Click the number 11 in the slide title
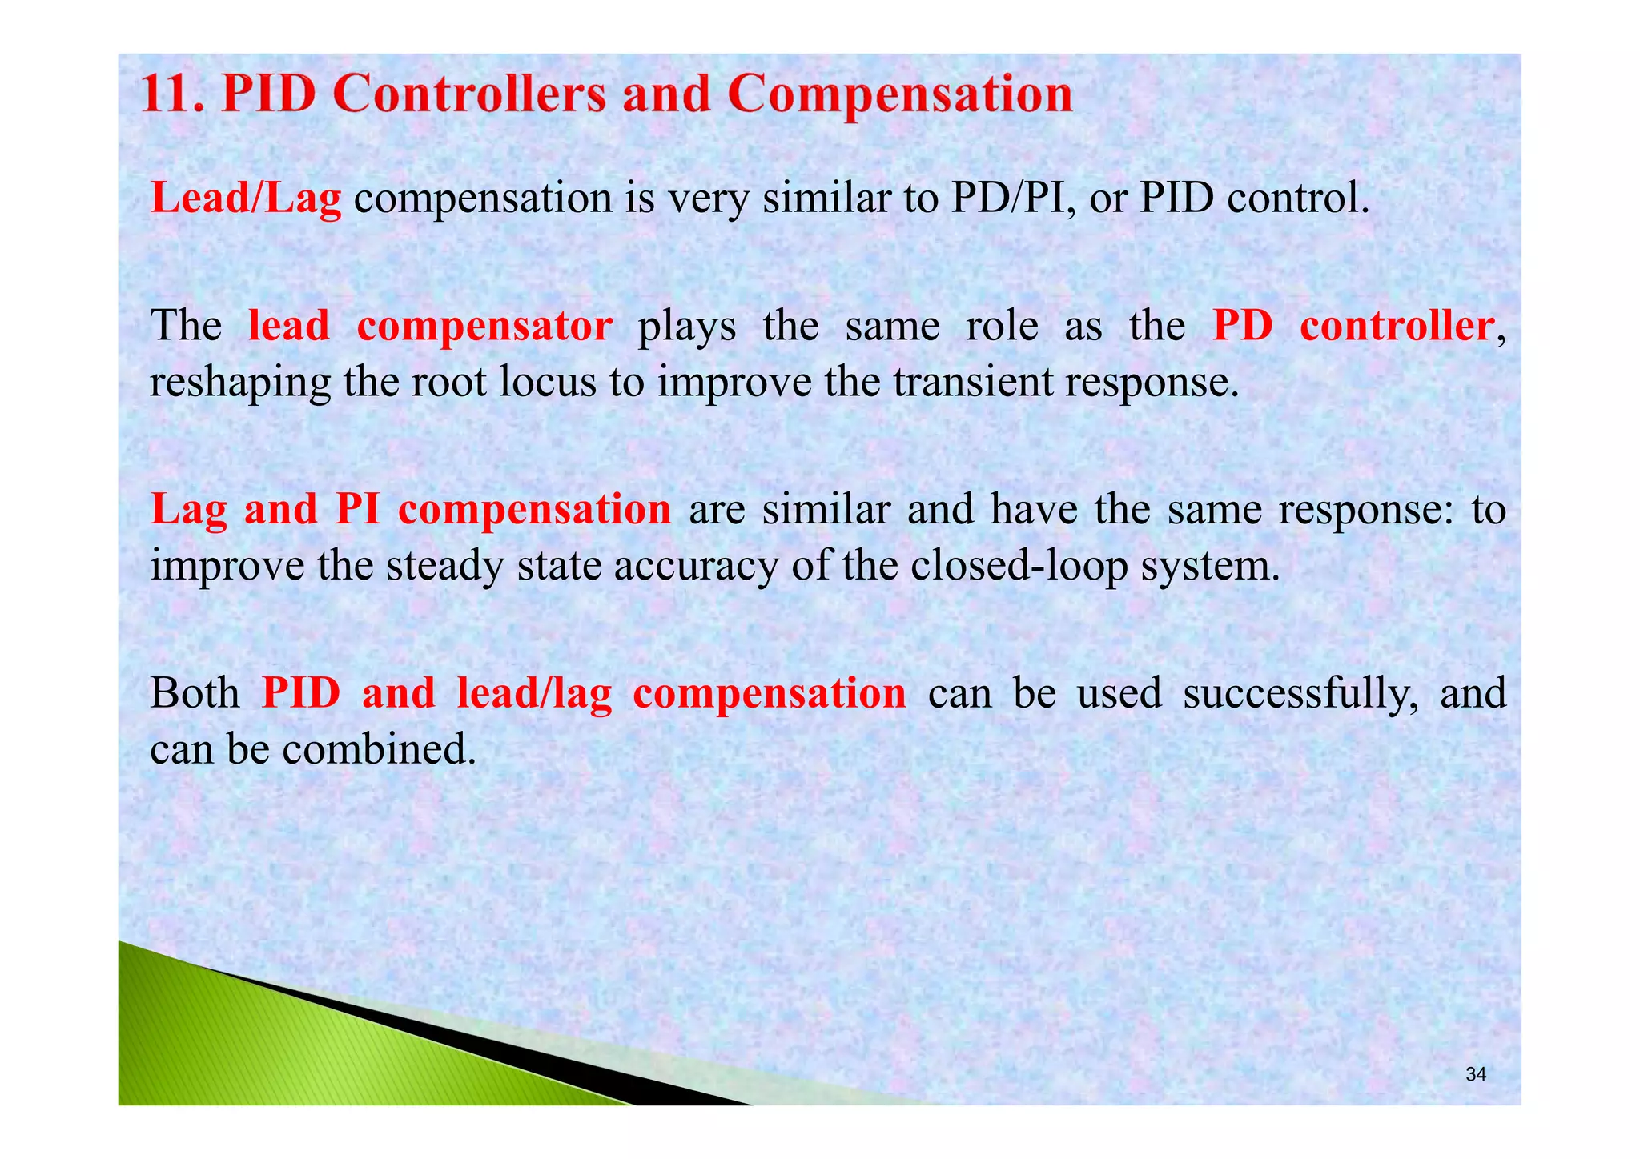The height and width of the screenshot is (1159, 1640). point(167,94)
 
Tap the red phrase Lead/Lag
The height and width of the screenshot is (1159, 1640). point(246,198)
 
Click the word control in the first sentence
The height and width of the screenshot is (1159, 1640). point(1297,198)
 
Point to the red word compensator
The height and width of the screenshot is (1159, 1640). point(484,326)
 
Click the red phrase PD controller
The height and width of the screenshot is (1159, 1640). point(1353,326)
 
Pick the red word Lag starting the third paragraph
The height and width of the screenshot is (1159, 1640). point(189,510)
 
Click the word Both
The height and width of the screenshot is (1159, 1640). point(195,693)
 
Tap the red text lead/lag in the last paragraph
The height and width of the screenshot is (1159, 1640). point(534,693)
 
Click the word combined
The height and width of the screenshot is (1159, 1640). point(379,749)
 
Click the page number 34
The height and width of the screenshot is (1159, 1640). point(1475,1075)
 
